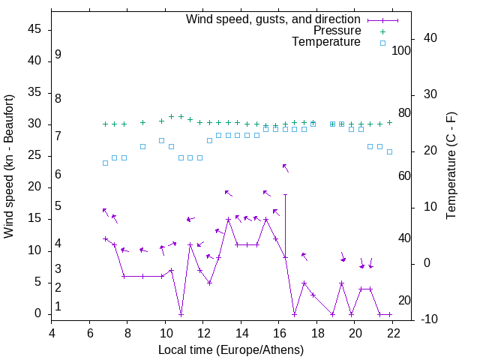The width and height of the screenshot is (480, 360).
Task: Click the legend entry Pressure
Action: (x=337, y=31)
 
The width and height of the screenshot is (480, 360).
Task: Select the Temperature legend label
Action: (x=326, y=42)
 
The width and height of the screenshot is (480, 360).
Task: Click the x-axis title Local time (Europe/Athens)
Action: (x=231, y=350)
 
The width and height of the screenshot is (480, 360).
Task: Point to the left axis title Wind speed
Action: (x=9, y=166)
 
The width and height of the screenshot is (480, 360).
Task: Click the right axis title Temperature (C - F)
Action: (x=451, y=166)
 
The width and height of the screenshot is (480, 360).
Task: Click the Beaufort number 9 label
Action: (x=58, y=55)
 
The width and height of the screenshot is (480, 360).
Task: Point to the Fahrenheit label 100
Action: (x=401, y=51)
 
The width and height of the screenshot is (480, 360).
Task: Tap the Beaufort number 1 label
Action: (x=58, y=307)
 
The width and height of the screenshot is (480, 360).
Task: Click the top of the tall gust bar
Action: (x=285, y=194)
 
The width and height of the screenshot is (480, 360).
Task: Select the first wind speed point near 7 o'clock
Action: (x=105, y=238)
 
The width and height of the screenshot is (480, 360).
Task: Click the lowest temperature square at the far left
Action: (x=105, y=163)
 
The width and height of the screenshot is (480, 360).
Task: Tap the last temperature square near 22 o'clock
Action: (x=389, y=151)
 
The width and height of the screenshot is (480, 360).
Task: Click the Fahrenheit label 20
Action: (x=404, y=301)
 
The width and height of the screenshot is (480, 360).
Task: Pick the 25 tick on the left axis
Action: (x=34, y=156)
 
